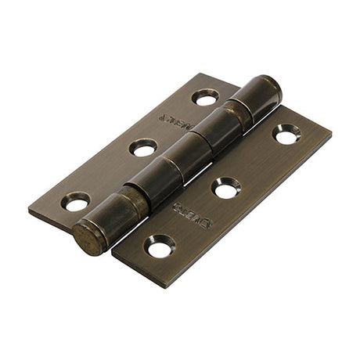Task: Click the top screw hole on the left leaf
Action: pyautogui.click(x=206, y=97)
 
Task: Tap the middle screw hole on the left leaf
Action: pyautogui.click(x=142, y=147)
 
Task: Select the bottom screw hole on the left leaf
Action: pyautogui.click(x=76, y=201)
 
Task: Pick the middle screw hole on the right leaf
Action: pyautogui.click(x=226, y=188)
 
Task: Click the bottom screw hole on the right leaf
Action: pyautogui.click(x=160, y=247)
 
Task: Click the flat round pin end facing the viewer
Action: pyautogui.click(x=89, y=238)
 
